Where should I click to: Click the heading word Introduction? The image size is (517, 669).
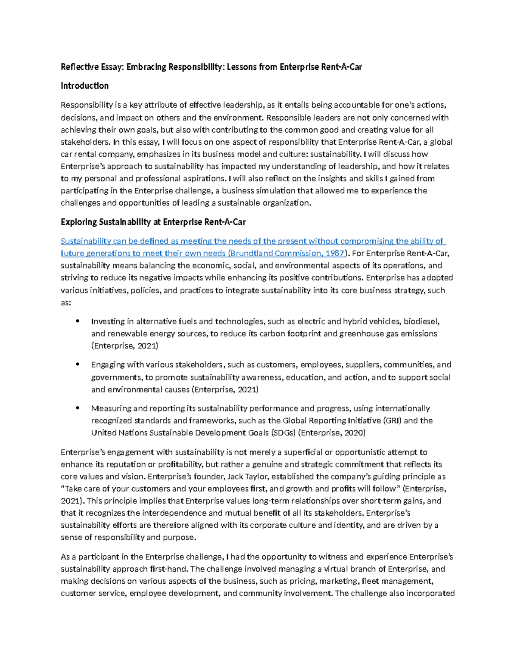[x=84, y=86]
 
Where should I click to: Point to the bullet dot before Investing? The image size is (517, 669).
[x=78, y=321]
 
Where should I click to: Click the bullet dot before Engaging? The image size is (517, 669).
[x=78, y=364]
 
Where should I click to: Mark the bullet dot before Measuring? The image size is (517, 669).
[x=78, y=408]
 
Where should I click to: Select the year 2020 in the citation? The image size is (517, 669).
[x=354, y=433]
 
